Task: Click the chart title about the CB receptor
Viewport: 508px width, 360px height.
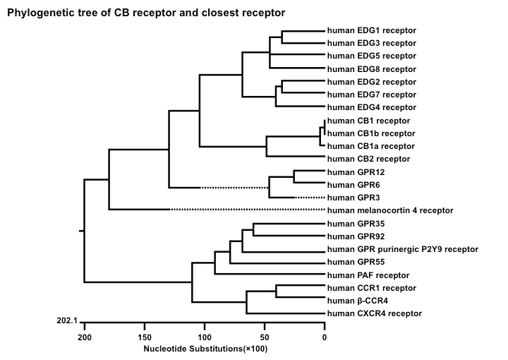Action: pos(146,13)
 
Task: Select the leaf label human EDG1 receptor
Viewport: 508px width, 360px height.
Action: pos(372,30)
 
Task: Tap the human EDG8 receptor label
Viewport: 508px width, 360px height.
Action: pos(372,69)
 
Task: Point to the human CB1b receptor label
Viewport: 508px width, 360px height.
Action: pos(371,133)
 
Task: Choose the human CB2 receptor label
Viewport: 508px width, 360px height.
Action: pos(368,159)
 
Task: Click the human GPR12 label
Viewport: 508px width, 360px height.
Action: pos(356,172)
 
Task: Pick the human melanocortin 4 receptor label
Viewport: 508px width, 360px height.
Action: pos(390,210)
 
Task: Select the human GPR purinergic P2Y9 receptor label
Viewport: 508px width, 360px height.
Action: pos(403,249)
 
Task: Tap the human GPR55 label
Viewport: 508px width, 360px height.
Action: pos(356,262)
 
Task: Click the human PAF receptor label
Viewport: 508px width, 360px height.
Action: pos(368,275)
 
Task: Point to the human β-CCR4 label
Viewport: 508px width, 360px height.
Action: pos(357,301)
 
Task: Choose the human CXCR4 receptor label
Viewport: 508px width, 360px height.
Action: pos(374,313)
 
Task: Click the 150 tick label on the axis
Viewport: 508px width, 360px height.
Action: pos(145,337)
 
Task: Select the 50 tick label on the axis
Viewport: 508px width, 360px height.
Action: pos(265,337)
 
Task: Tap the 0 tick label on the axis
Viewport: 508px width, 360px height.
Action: pos(325,337)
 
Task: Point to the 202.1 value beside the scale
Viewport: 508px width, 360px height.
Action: pos(67,320)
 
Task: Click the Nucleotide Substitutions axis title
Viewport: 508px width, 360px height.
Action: pos(205,349)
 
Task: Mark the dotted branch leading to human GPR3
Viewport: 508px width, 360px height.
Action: pos(310,198)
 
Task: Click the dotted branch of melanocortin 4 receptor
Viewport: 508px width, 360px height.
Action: pos(248,210)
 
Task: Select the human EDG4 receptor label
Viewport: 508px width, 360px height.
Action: pos(372,107)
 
